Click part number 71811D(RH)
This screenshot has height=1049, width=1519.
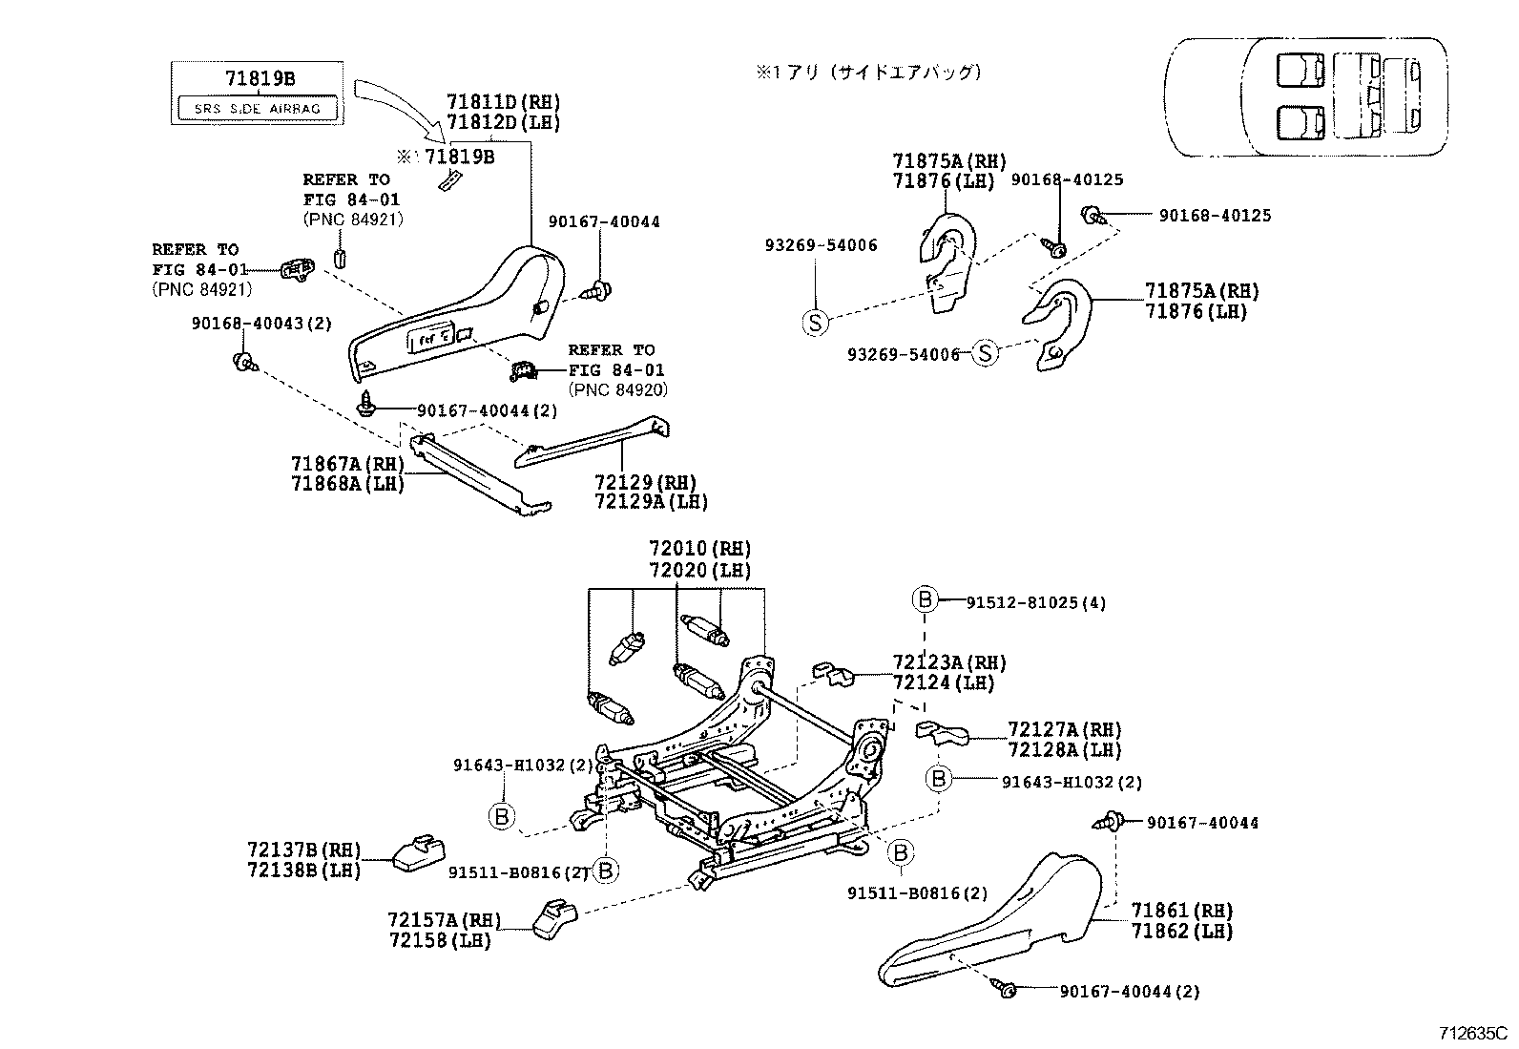point(503,102)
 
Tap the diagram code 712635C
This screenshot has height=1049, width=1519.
point(1472,1033)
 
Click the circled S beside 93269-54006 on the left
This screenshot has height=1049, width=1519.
point(814,323)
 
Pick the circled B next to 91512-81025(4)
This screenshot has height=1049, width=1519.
point(925,598)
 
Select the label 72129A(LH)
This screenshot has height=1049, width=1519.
point(651,502)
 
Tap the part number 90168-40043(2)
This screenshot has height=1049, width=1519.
point(261,324)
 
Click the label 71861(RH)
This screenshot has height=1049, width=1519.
point(1181,911)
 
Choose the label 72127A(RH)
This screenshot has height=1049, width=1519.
point(1064,730)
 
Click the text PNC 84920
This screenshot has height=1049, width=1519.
point(617,389)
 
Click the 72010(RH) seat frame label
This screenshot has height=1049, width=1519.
point(699,549)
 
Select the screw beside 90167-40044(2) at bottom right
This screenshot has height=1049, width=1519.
point(1006,990)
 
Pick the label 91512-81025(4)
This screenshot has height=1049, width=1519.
point(1035,603)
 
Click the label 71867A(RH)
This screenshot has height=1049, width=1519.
point(347,464)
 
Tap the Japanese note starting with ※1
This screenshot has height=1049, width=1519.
point(868,72)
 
